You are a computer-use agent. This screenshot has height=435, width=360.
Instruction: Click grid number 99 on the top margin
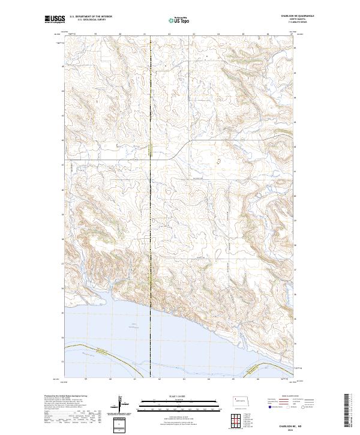click(x=95, y=35)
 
